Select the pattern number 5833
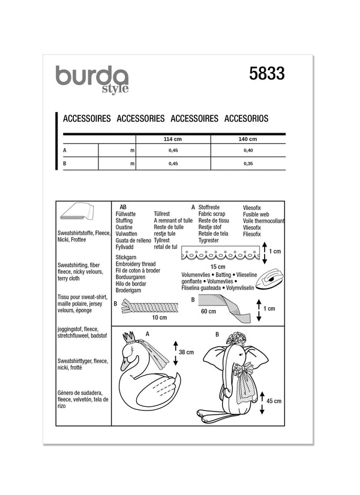[266, 74]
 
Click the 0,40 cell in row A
[248, 151]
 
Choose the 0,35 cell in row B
[248, 163]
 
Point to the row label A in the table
[65, 151]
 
